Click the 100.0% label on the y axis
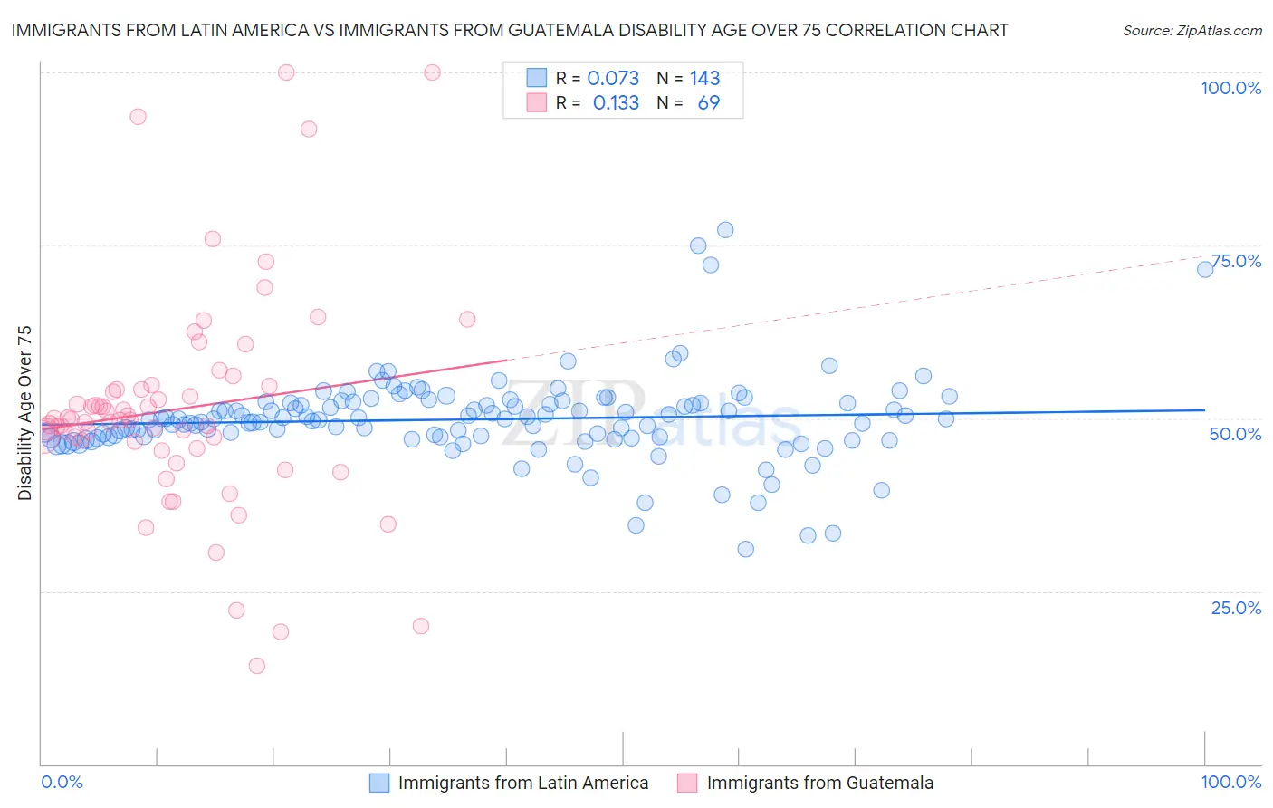click(1230, 88)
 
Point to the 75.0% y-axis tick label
click(1236, 261)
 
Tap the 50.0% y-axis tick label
click(1235, 434)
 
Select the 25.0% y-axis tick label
click(1236, 608)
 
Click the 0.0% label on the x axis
click(62, 782)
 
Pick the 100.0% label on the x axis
click(1230, 782)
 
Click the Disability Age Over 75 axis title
click(25, 412)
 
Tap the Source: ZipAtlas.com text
click(1192, 31)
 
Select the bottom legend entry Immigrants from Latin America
click(523, 783)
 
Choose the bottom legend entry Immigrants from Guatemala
click(819, 783)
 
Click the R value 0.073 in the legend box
click(613, 79)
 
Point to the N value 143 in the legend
click(704, 79)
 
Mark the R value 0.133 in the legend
click(616, 103)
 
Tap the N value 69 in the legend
click(708, 103)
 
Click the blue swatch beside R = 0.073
click(537, 79)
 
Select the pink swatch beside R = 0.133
click(537, 103)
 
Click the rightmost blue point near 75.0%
click(1205, 269)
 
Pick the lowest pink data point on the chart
click(257, 666)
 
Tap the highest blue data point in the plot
click(725, 230)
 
